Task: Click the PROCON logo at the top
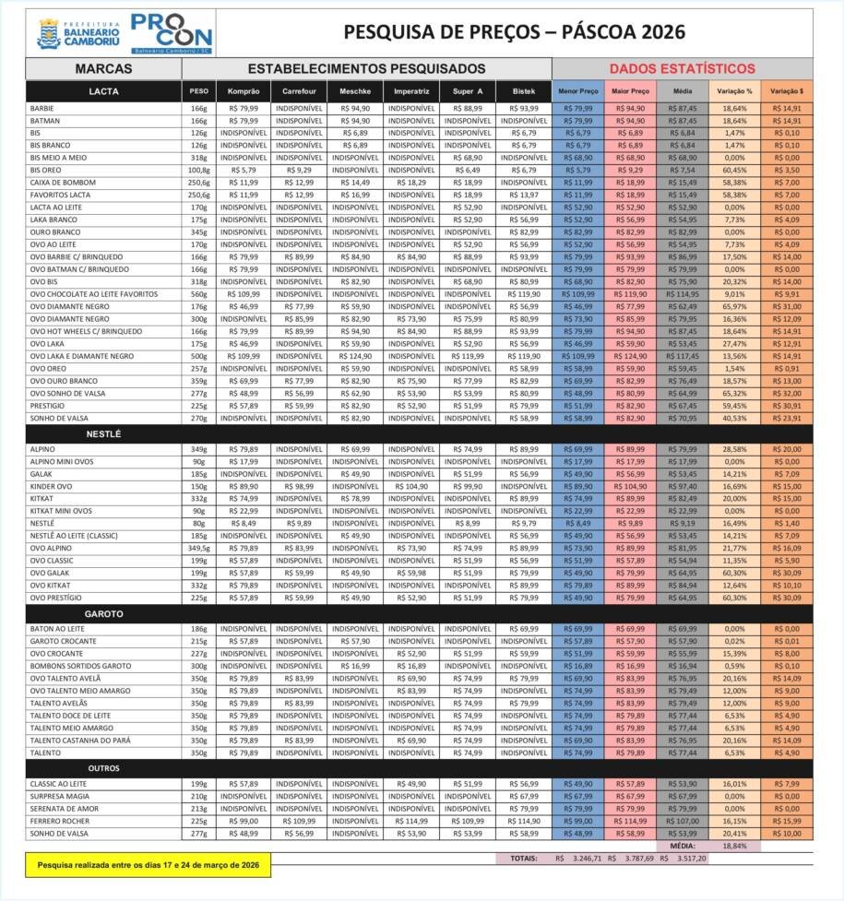tap(172, 33)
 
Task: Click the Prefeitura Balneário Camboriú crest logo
tap(49, 34)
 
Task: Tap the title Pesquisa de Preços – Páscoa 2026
tap(514, 32)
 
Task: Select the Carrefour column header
tap(299, 91)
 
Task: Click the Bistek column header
tap(523, 91)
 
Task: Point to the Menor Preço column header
tap(578, 91)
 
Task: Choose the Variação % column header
tap(735, 91)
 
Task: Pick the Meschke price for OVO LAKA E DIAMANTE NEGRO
tap(355, 356)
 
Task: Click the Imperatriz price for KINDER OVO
tap(411, 486)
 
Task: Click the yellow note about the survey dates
tap(148, 865)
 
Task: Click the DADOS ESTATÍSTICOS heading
tap(682, 68)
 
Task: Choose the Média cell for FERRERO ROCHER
tap(683, 821)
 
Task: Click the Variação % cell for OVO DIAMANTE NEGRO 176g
tap(735, 306)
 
